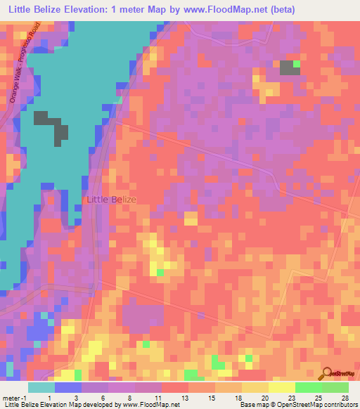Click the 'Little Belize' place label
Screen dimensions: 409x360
[x=111, y=200]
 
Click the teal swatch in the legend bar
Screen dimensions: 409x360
[x=41, y=387]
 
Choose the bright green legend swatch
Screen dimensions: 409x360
[x=307, y=387]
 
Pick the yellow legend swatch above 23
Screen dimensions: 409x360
[x=281, y=387]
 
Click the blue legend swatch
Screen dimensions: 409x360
[x=67, y=387]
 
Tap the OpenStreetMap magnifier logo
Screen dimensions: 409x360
[x=328, y=373]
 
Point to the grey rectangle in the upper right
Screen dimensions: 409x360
[x=287, y=67]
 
